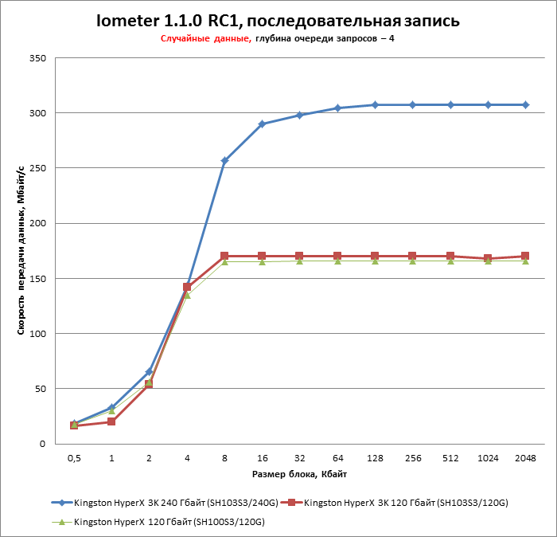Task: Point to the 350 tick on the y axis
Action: tap(37, 58)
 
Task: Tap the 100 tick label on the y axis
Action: tap(37, 334)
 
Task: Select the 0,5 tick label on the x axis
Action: tap(74, 458)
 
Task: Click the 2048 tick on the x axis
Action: tap(525, 458)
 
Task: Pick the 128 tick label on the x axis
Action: tap(375, 458)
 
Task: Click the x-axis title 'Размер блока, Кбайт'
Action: tap(299, 474)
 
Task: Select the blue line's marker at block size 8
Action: tap(224, 161)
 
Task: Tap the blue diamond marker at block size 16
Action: tap(262, 124)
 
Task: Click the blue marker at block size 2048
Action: tap(525, 105)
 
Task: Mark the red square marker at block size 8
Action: tap(224, 257)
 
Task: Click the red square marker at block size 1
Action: tap(111, 421)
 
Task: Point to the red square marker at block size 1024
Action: tap(488, 259)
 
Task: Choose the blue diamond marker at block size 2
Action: tap(149, 372)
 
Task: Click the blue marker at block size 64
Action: tap(337, 108)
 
